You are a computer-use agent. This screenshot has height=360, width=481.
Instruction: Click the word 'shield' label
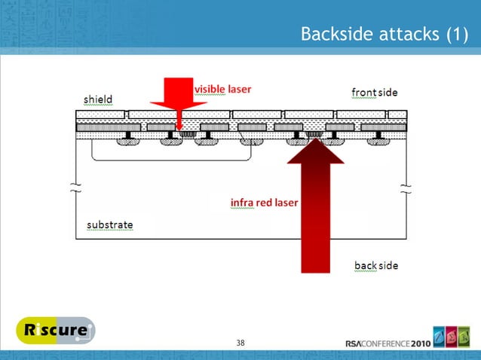coord(98,99)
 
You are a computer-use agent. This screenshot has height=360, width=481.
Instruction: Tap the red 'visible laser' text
coord(223,89)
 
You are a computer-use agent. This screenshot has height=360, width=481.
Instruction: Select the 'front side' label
coord(375,93)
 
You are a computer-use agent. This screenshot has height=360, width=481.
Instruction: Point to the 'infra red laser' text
coord(264,203)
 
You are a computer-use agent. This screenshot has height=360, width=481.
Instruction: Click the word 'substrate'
coord(110,224)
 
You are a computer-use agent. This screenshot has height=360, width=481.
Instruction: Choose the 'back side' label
coord(376,266)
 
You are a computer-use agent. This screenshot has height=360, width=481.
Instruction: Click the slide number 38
coord(240,343)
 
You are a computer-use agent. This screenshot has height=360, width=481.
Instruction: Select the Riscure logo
coord(56,332)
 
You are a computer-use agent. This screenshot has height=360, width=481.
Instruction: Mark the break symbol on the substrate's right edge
coord(407,188)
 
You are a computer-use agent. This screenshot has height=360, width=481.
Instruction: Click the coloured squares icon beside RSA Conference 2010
coord(452,337)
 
